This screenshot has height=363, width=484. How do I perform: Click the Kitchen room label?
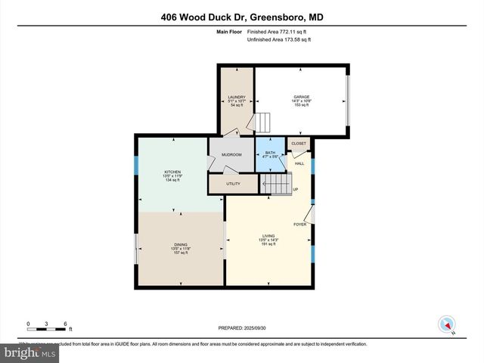pos(172,172)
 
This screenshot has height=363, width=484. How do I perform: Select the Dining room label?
pos(181,245)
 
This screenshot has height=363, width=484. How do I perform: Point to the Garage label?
pos(302,97)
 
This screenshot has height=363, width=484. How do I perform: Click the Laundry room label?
pos(237,97)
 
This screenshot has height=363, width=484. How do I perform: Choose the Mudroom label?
pos(231,154)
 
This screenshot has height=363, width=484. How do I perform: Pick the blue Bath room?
pos(270,155)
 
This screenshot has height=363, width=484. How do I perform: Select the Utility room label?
pos(233,184)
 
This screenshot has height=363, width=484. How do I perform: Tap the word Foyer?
pos(299,224)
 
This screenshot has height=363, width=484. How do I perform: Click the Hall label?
pos(299,163)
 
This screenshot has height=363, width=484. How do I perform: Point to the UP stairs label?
pos(296,189)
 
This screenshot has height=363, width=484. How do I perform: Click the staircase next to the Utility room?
pos(275,184)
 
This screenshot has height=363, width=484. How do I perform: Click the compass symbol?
pos(446,324)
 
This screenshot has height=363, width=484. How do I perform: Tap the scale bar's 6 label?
pos(67,324)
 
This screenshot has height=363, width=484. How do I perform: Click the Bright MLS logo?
pos(30,352)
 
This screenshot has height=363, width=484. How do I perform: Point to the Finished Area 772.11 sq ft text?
pos(278,32)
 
